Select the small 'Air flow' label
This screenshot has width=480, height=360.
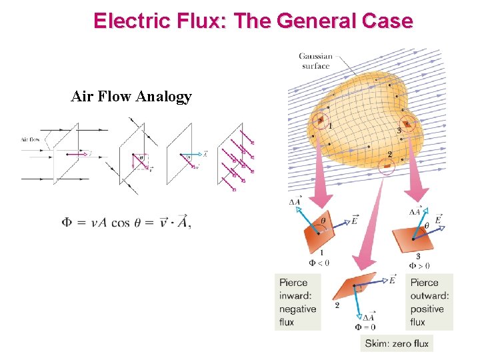[31, 139]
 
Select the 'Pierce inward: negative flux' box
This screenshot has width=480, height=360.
[298, 302]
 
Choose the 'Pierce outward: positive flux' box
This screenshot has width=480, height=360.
[430, 302]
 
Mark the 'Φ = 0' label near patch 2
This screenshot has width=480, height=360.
[365, 327]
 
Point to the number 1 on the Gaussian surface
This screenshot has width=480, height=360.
[331, 125]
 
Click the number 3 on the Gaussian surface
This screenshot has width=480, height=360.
[399, 130]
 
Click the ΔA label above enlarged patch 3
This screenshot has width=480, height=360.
[415, 211]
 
